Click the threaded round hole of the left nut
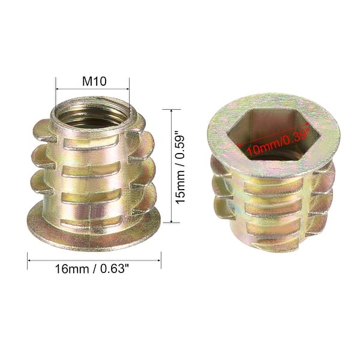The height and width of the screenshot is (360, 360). (92, 113)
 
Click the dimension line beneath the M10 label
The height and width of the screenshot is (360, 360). (92, 90)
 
